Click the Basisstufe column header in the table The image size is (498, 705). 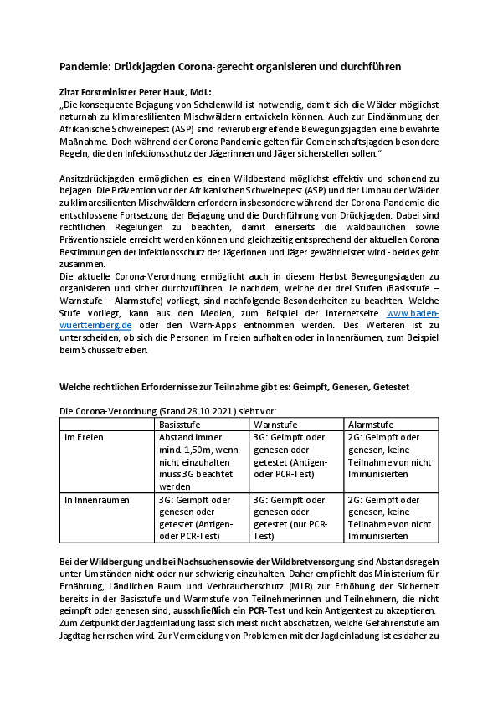(x=182, y=424)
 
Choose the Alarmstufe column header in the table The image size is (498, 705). (x=369, y=424)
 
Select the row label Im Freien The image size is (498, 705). (x=85, y=437)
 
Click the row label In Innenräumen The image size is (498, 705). (x=96, y=500)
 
